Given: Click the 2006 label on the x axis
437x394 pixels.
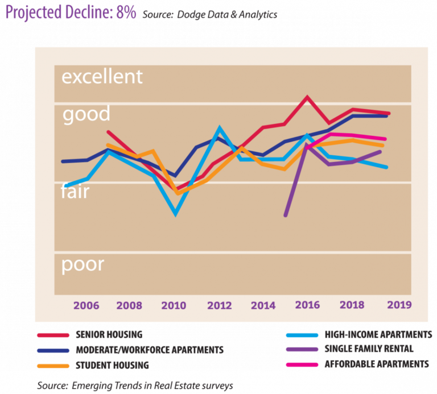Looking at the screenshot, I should click(x=86, y=305).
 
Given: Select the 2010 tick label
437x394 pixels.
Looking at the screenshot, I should click(x=174, y=305).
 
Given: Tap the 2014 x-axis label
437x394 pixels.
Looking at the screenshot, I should click(x=263, y=305).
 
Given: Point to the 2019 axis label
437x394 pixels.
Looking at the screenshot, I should click(x=399, y=305).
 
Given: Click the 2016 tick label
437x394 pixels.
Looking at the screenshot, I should click(x=307, y=305).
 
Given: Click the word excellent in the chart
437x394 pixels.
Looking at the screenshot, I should click(x=102, y=77).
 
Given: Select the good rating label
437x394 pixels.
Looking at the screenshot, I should click(x=86, y=114).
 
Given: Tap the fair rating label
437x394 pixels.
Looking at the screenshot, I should click(x=75, y=192).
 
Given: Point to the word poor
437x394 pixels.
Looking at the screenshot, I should click(x=83, y=264).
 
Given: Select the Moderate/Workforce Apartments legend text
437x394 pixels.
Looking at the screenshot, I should click(x=150, y=350).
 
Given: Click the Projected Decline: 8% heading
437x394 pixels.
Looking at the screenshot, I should click(x=71, y=13).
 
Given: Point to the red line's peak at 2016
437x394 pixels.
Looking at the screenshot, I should click(x=307, y=97).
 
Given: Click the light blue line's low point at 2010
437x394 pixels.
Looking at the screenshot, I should click(x=176, y=214).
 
